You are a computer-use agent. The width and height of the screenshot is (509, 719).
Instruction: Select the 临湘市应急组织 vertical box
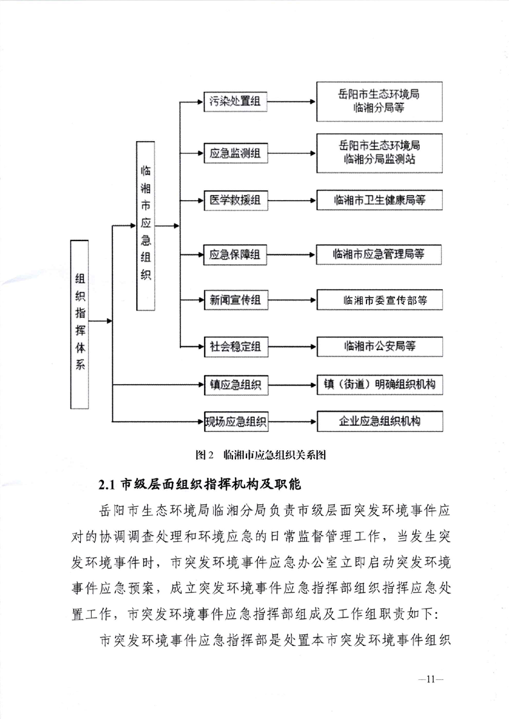[x=146, y=226]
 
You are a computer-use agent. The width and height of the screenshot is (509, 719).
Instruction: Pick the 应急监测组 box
[x=235, y=154]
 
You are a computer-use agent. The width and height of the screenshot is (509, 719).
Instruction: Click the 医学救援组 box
[x=235, y=200]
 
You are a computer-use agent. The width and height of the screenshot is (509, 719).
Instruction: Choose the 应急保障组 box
[x=235, y=255]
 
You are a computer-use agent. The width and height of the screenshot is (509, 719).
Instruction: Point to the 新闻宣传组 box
[x=235, y=300]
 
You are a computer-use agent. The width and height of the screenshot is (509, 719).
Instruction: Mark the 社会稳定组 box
[x=235, y=346]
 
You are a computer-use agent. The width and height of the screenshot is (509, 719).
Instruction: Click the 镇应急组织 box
[x=235, y=385]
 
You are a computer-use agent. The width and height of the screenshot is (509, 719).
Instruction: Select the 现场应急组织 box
[x=235, y=421]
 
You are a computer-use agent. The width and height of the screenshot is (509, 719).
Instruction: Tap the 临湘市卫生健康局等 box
[x=379, y=200]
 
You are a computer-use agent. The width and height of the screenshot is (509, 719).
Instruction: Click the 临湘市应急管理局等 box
[x=379, y=255]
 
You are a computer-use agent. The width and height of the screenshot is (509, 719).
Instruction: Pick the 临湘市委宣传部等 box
[x=379, y=300]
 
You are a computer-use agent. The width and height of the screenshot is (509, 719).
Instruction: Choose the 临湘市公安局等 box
[x=379, y=346]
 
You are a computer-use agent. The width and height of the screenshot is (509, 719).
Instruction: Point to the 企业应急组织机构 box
[x=379, y=421]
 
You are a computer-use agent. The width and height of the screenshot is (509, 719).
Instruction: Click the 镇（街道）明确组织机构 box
[x=379, y=385]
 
